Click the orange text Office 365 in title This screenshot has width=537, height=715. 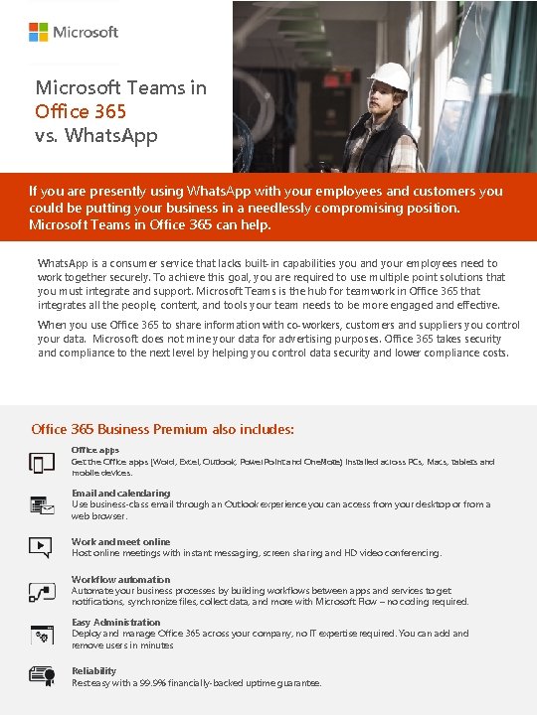point(77,111)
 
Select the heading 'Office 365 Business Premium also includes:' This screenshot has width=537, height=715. point(163,429)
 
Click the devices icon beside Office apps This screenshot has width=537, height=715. point(42,463)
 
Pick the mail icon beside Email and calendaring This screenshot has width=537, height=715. point(42,505)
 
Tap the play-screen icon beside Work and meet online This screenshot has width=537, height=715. point(41,546)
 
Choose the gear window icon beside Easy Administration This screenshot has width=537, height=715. point(42,634)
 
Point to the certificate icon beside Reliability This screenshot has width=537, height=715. point(42,676)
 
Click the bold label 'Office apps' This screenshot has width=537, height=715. point(94,450)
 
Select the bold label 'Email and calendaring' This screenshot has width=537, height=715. point(120,493)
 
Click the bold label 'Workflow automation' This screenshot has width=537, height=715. point(120,579)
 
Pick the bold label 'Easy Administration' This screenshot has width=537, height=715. point(115,623)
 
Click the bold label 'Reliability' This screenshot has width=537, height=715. point(93,671)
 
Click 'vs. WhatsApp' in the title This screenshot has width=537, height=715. point(95,135)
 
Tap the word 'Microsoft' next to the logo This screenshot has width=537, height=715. point(86,33)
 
